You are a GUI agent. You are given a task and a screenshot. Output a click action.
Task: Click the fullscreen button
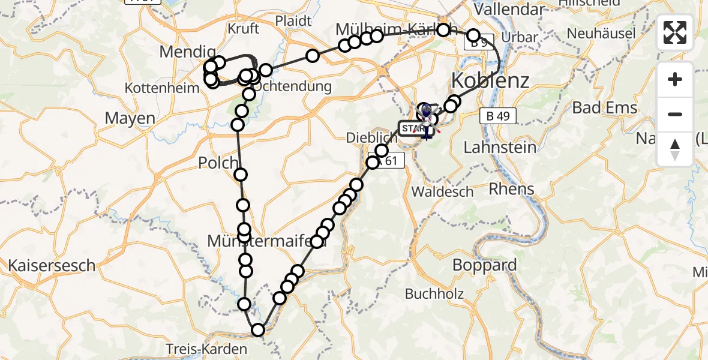click(675, 32)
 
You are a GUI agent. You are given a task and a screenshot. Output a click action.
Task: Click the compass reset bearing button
click(675, 149)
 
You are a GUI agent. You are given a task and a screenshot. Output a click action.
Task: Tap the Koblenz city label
click(490, 80)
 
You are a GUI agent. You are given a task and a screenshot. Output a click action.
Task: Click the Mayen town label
click(130, 118)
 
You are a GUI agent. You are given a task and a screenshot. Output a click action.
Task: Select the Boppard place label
click(484, 265)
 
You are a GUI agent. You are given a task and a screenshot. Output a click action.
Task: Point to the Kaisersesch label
click(52, 265)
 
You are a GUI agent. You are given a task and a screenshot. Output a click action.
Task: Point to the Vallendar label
click(509, 10)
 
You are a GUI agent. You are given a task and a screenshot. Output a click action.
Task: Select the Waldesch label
click(442, 192)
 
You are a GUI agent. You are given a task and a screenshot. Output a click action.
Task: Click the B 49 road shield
click(498, 116)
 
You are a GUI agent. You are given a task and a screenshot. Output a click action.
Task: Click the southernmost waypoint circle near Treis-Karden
click(258, 329)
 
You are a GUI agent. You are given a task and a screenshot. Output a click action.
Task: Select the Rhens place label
click(511, 189)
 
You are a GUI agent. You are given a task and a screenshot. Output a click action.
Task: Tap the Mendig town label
click(187, 52)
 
